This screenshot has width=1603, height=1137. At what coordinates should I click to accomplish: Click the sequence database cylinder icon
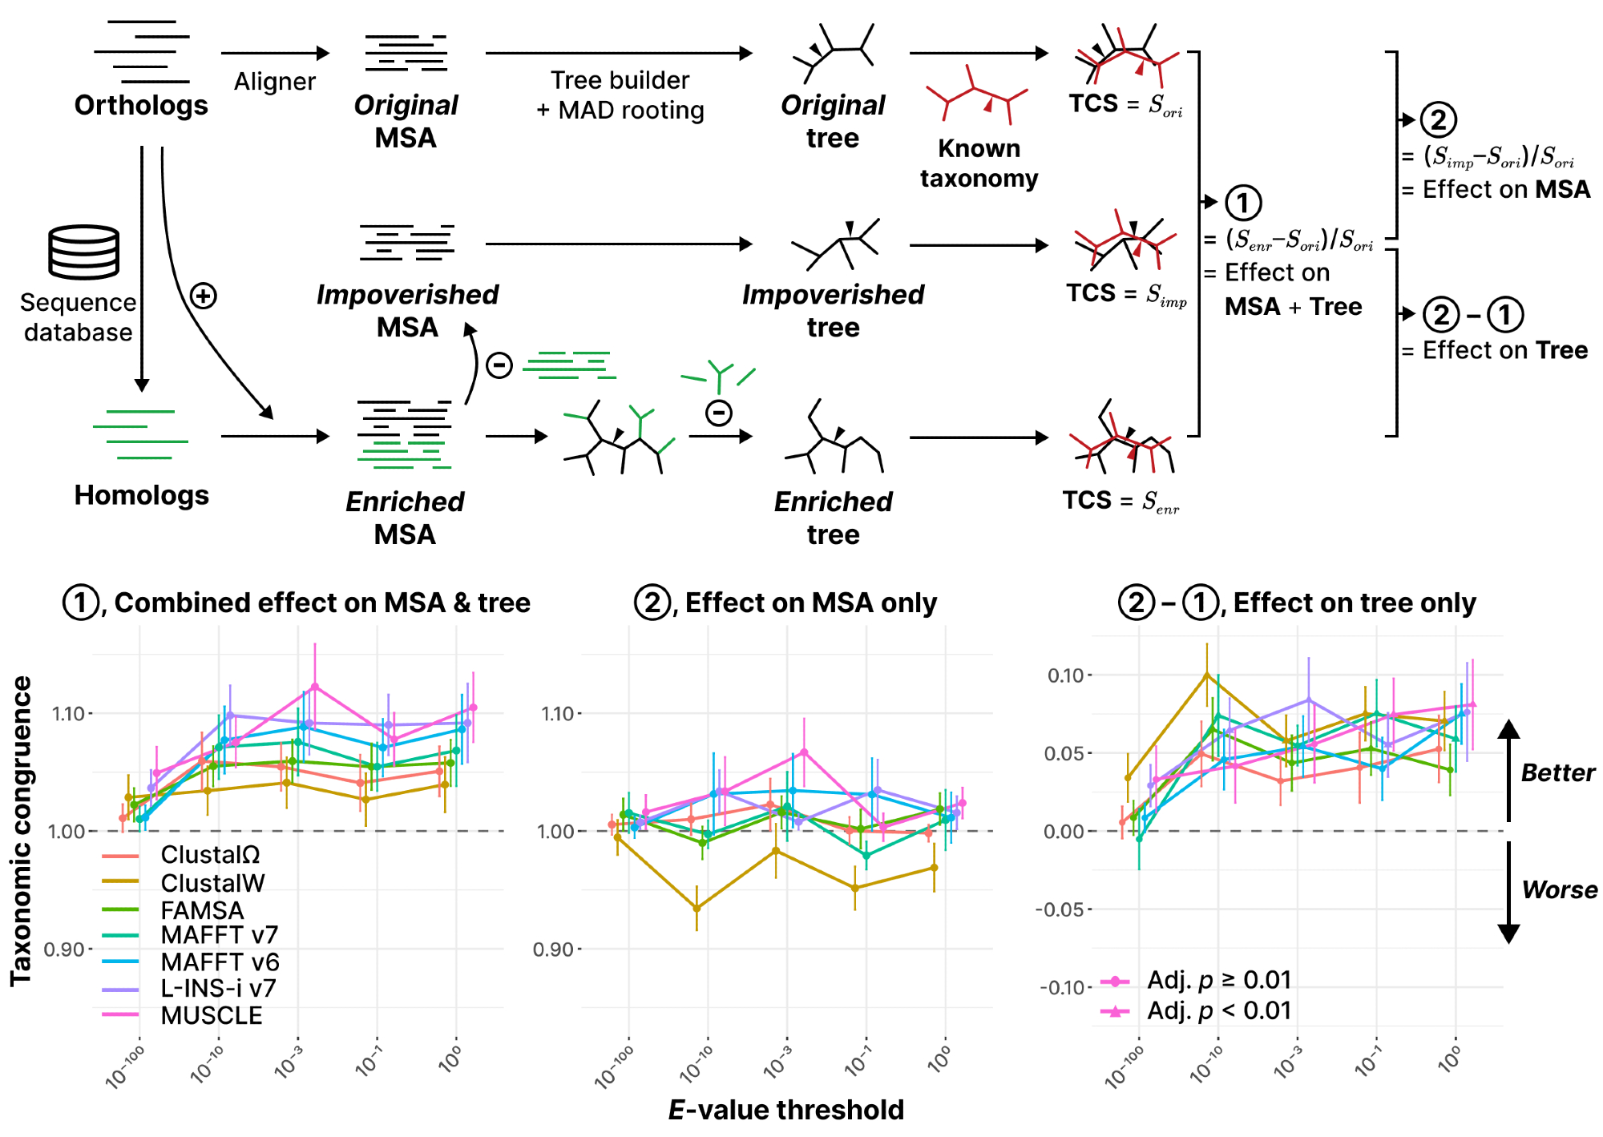(x=84, y=252)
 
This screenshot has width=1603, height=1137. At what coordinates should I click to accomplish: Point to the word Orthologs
(x=141, y=105)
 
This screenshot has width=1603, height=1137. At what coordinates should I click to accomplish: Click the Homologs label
(x=141, y=495)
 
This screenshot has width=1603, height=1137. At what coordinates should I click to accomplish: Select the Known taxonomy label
(x=979, y=163)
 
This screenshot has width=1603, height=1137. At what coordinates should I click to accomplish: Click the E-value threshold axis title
(x=786, y=1110)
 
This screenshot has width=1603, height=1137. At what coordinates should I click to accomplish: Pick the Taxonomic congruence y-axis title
(x=21, y=830)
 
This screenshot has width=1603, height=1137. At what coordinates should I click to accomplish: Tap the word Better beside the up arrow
(x=1557, y=772)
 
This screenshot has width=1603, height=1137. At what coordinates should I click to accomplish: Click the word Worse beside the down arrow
(x=1559, y=889)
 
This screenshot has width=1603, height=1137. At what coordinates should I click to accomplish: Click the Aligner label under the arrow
(x=274, y=82)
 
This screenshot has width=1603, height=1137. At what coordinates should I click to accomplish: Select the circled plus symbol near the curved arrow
(x=204, y=296)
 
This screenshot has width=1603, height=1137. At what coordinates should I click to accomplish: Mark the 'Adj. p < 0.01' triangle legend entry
(x=1218, y=1010)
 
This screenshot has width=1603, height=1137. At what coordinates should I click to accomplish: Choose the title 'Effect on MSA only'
(x=810, y=603)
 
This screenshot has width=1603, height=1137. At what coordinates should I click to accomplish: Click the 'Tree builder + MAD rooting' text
(x=620, y=95)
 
